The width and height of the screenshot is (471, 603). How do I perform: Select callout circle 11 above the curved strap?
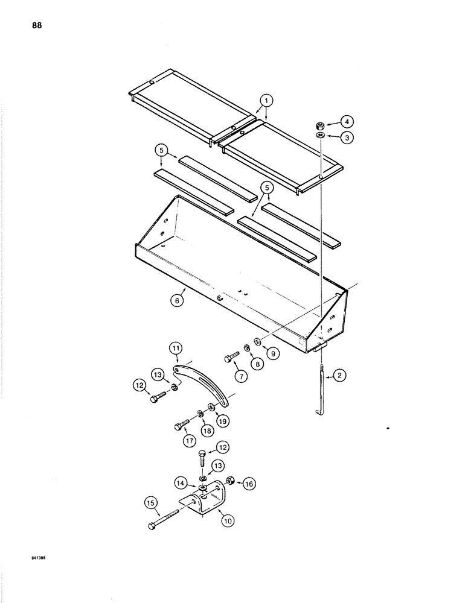tap(174, 348)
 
